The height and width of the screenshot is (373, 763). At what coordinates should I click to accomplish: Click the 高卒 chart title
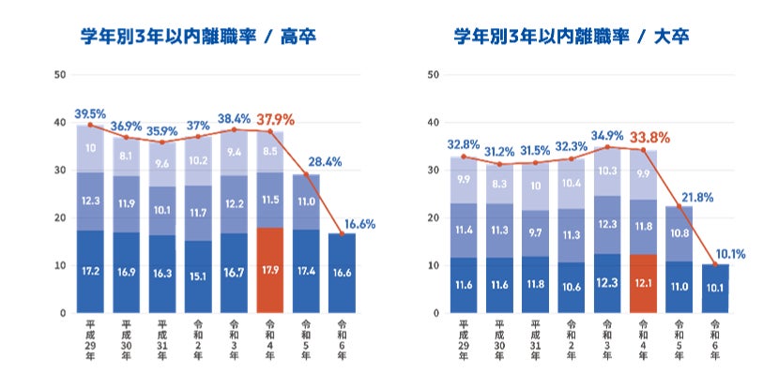[x=198, y=37]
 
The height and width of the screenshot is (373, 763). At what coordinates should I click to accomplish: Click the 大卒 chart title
[x=572, y=37]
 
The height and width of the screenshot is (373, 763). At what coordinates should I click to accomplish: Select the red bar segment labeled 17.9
[x=270, y=270]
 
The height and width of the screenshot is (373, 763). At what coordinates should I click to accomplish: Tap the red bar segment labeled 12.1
[x=643, y=284]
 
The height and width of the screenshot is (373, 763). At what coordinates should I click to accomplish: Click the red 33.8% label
[x=649, y=139]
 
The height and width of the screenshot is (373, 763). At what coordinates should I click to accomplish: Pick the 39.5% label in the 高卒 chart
[x=90, y=114]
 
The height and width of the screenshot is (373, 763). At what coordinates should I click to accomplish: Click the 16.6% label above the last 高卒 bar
[x=359, y=224]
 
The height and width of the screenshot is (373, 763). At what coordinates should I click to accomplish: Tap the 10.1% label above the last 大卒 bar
[x=730, y=254]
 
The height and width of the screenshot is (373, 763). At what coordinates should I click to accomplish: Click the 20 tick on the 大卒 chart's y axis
[x=433, y=217]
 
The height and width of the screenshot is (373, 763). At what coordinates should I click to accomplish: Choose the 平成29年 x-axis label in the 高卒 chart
[x=90, y=339]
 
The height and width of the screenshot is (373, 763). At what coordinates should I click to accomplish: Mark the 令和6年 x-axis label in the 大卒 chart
[x=715, y=339]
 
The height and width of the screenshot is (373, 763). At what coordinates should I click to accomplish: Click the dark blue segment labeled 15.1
[x=198, y=276]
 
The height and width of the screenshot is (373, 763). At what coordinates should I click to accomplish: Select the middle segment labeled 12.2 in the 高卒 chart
[x=234, y=204]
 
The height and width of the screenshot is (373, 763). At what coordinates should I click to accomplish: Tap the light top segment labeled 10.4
[x=572, y=184]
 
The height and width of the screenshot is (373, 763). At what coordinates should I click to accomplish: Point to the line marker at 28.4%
[x=306, y=174]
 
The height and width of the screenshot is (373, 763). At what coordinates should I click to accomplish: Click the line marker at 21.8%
[x=679, y=206]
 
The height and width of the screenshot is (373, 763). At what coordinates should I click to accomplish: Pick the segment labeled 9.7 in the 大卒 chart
[x=535, y=233]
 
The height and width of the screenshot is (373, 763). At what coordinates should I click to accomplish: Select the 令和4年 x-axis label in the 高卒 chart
[x=270, y=339]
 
